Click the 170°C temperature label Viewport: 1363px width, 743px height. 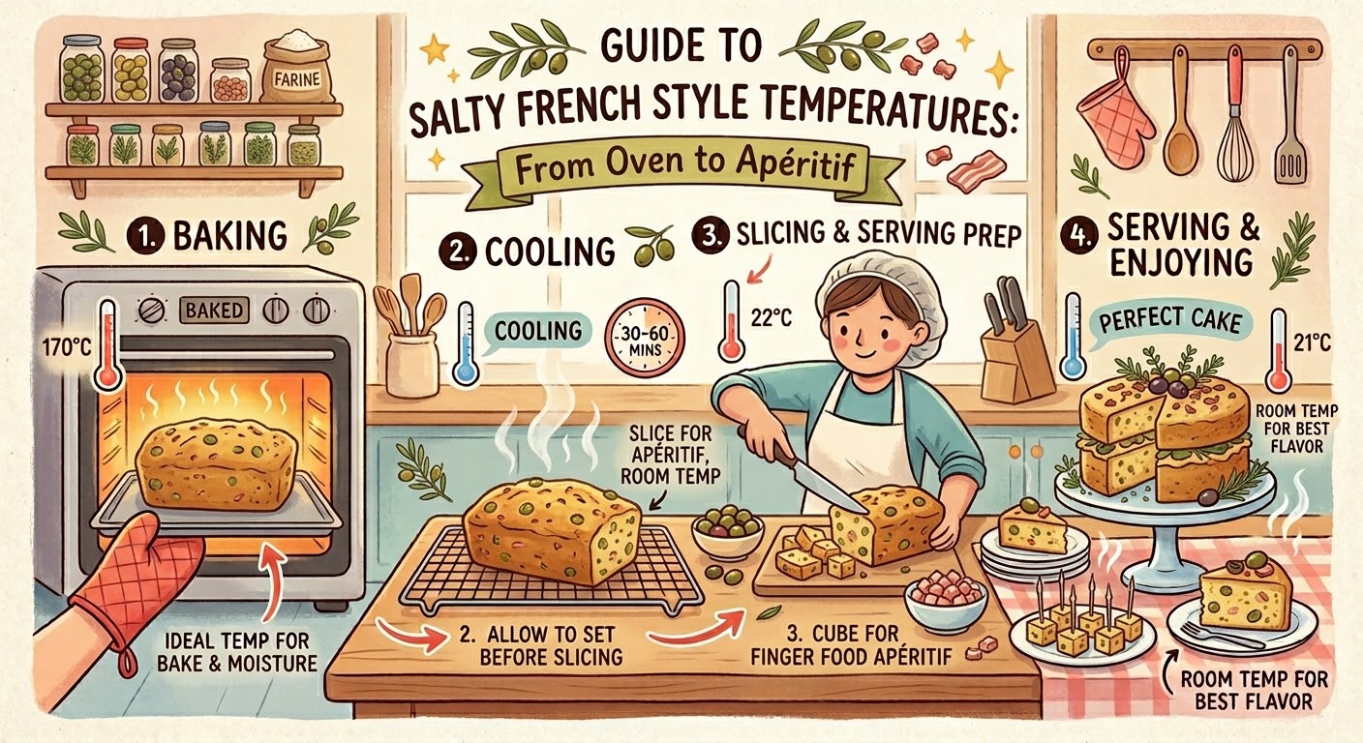67,347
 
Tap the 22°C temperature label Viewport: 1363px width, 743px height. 771,317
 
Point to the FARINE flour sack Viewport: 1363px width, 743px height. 298,68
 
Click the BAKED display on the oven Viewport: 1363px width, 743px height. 214,311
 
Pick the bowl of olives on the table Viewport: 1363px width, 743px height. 728,534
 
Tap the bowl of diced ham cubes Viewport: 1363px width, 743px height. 945,598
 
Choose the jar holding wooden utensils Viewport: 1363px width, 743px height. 412,363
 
